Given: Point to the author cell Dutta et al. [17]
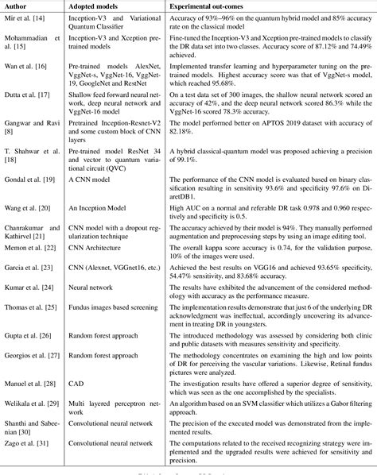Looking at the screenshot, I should pos(32,97).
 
